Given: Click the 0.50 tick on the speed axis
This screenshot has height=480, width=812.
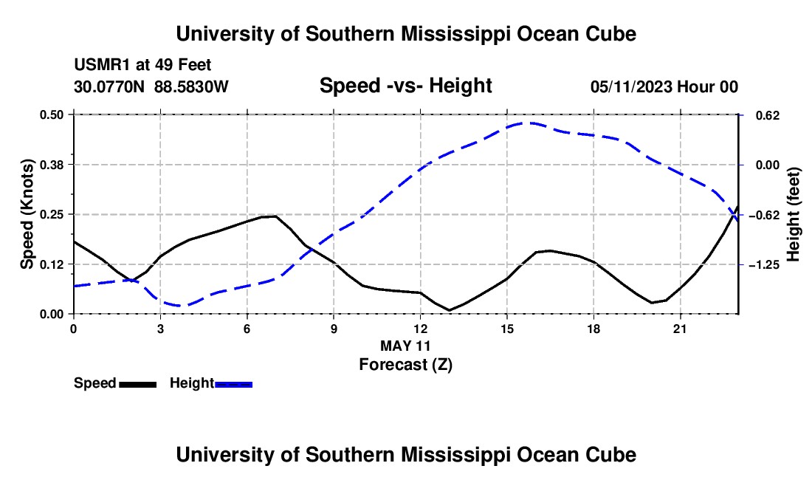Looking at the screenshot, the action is (x=51, y=114).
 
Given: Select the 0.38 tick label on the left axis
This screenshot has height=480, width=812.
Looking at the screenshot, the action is (x=51, y=165).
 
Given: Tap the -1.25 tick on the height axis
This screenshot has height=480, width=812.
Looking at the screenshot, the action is (x=764, y=264).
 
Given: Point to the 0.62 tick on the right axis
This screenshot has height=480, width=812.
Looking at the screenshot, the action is (x=768, y=115).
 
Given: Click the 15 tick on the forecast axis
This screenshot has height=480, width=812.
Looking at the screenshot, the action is (x=507, y=329).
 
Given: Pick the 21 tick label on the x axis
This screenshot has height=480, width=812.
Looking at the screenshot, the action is (x=680, y=329).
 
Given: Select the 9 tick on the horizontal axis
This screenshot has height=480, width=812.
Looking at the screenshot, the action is (x=334, y=329).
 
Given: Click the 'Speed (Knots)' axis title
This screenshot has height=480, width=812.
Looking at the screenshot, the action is (x=27, y=214).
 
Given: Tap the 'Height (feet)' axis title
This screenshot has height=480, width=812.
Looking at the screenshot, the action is (x=794, y=214).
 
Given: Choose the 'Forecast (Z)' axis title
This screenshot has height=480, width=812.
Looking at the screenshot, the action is (x=405, y=365).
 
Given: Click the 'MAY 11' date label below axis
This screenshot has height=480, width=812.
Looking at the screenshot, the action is (x=405, y=346).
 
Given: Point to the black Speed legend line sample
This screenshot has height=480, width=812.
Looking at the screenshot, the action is (x=138, y=385).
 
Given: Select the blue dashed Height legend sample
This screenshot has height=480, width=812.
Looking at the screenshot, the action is (x=233, y=385).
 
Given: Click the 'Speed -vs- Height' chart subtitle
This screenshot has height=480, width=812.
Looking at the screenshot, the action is (x=405, y=86).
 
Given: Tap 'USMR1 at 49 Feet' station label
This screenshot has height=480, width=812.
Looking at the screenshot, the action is (x=142, y=65).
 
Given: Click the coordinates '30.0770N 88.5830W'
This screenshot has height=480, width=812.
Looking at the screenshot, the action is (x=151, y=86).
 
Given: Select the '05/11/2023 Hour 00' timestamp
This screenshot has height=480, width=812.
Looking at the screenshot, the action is (x=664, y=86).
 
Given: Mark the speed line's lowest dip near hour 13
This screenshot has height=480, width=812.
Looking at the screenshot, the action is (x=450, y=310).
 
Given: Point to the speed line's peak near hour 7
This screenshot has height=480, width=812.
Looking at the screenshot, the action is (x=275, y=216).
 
